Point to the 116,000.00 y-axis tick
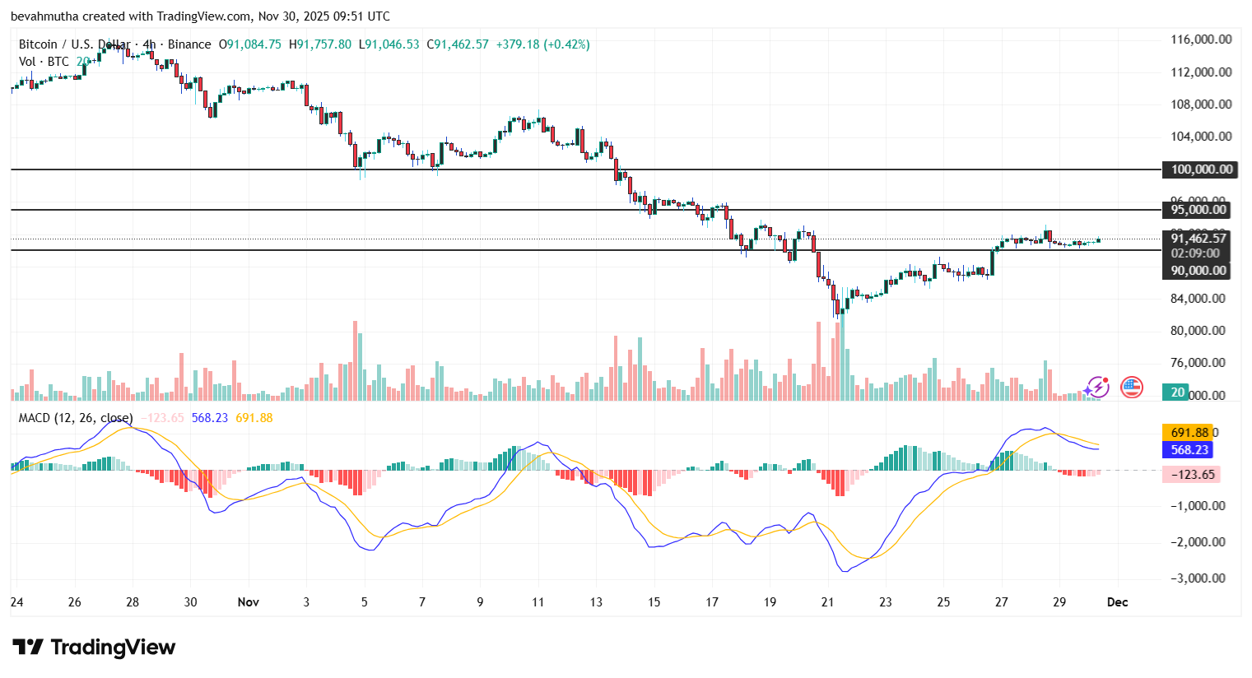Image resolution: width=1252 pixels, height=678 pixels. pos(1201,39)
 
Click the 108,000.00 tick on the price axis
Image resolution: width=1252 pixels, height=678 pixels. pos(1201,104)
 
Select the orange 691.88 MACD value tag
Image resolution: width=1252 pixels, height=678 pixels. pos(1189,433)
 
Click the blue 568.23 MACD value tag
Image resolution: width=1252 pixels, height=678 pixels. pos(1189,450)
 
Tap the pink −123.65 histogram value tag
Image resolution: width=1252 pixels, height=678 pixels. pos(1191,475)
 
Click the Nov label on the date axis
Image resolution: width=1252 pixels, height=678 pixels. pos(248,602)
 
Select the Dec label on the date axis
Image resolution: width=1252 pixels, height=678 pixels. pos(1117,602)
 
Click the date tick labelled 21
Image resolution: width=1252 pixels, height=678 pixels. pos(827,602)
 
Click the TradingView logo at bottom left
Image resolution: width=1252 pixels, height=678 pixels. pos(94,648)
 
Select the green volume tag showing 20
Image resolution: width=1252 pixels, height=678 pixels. pos(1178,392)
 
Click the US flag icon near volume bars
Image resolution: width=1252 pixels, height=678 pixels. pos(1132,387)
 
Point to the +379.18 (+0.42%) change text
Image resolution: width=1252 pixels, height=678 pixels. pos(542,44)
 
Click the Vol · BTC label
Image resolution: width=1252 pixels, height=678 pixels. pos(44,62)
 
